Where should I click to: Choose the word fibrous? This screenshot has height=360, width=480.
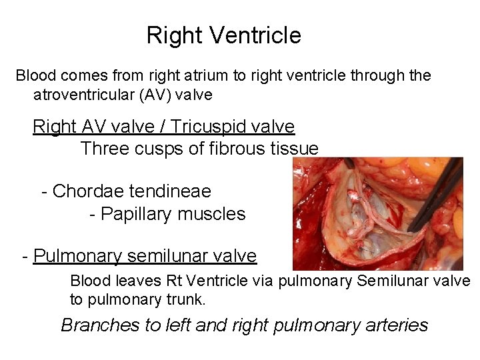coord(231,149)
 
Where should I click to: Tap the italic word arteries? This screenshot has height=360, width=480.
coord(397,325)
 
